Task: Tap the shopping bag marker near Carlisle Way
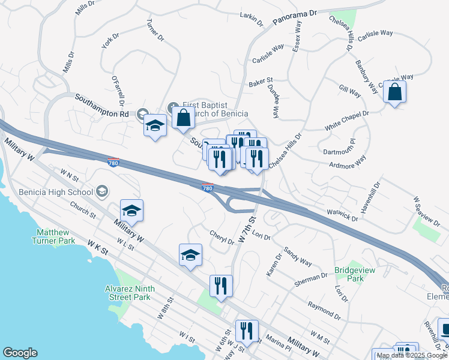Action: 394,92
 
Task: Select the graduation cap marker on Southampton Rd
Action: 155,126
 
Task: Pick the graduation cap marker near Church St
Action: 131,211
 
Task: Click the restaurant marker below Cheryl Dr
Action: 221,287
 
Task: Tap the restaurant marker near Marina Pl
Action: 247,331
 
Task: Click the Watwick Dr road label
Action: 342,215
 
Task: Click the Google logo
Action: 20,353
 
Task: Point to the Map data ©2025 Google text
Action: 412,355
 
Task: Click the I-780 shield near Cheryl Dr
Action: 208,188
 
